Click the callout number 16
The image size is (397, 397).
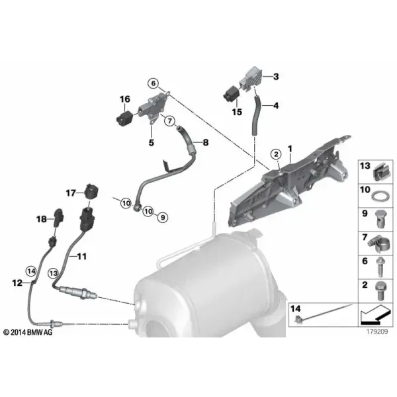tap(125, 99)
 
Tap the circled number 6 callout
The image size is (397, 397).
tap(154, 83)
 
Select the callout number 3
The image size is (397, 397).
tap(276, 76)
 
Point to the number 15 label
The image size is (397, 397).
tap(237, 112)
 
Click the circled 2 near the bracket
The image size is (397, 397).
tap(276, 154)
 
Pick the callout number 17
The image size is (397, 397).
tap(71, 193)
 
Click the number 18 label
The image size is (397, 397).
tap(42, 219)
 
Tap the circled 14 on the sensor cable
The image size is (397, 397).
tap(31, 271)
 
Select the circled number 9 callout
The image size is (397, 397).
tap(163, 217)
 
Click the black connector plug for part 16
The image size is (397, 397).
tap(124, 118)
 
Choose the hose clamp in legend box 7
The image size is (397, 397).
tap(378, 243)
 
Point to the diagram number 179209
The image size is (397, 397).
tap(377, 331)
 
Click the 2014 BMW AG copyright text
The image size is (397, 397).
tap(28, 332)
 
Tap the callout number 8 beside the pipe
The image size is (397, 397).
tap(206, 142)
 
